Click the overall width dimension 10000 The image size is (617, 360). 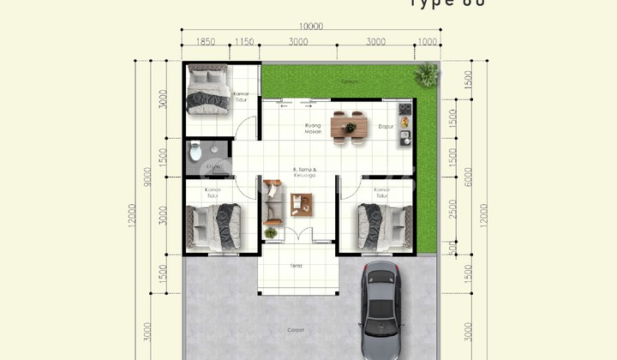(310, 27)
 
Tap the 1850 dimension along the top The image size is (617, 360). (205, 41)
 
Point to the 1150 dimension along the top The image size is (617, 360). (245, 41)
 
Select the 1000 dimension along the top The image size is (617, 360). (428, 41)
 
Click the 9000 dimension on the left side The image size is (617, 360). (148, 176)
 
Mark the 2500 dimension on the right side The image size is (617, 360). (453, 209)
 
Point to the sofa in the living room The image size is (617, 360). (272, 200)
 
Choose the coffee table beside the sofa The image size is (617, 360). (301, 204)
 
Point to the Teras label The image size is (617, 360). (296, 267)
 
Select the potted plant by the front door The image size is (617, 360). (271, 233)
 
